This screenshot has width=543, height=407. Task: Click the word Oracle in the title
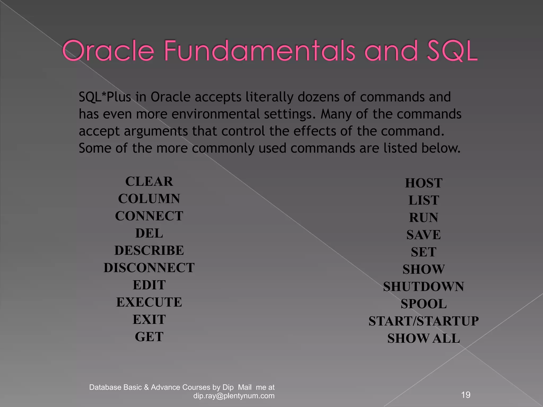[108, 50]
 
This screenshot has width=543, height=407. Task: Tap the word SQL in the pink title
[452, 50]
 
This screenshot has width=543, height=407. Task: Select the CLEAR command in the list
[149, 182]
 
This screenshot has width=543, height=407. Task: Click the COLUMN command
[149, 199]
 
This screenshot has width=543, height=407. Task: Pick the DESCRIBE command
[149, 251]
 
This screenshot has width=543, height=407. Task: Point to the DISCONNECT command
[149, 268]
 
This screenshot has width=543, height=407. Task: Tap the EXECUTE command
[149, 302]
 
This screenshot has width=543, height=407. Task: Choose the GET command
[149, 337]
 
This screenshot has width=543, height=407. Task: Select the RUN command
[423, 218]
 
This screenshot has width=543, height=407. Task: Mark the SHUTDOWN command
[423, 287]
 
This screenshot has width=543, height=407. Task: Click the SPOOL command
[423, 304]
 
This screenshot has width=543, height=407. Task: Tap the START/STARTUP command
[423, 321]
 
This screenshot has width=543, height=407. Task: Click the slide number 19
[466, 395]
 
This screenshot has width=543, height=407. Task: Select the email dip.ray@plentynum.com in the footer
[234, 396]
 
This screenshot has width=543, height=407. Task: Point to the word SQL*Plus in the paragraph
[105, 97]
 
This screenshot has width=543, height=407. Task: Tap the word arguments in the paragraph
[156, 131]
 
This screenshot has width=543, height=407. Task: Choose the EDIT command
[149, 285]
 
